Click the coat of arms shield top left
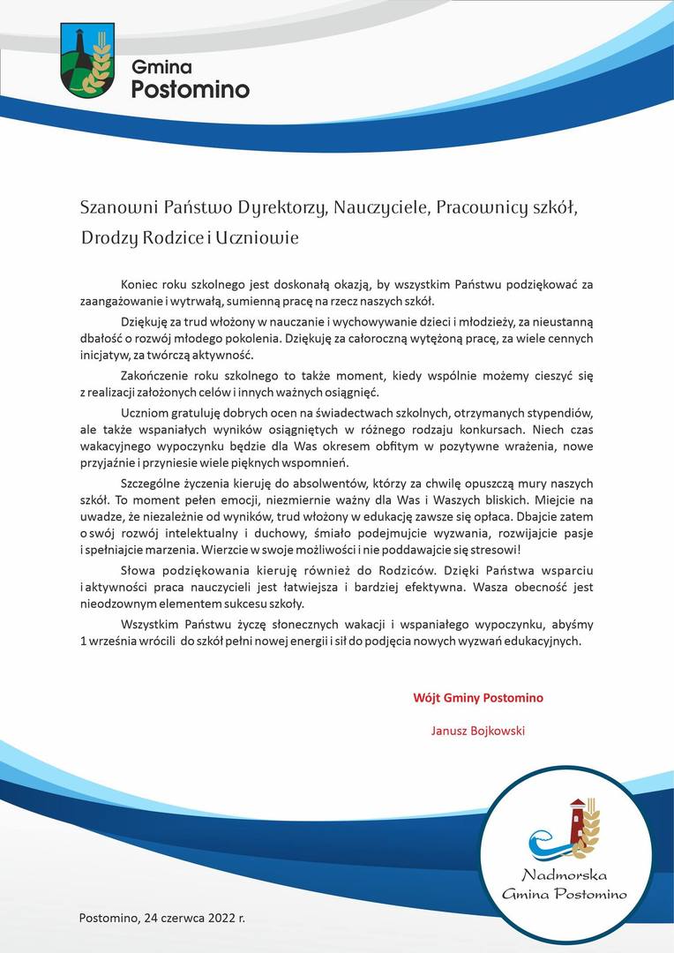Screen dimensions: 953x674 pyautogui.click(x=87, y=60)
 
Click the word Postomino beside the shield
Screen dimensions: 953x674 pyautogui.click(x=190, y=89)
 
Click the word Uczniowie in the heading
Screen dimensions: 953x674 pyautogui.click(x=257, y=238)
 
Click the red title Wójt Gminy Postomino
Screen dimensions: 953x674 pyautogui.click(x=478, y=698)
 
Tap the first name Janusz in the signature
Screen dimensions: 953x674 pyautogui.click(x=447, y=731)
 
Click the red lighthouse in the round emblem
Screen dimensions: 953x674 pyautogui.click(x=577, y=821)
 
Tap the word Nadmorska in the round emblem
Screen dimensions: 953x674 pyautogui.click(x=564, y=876)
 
